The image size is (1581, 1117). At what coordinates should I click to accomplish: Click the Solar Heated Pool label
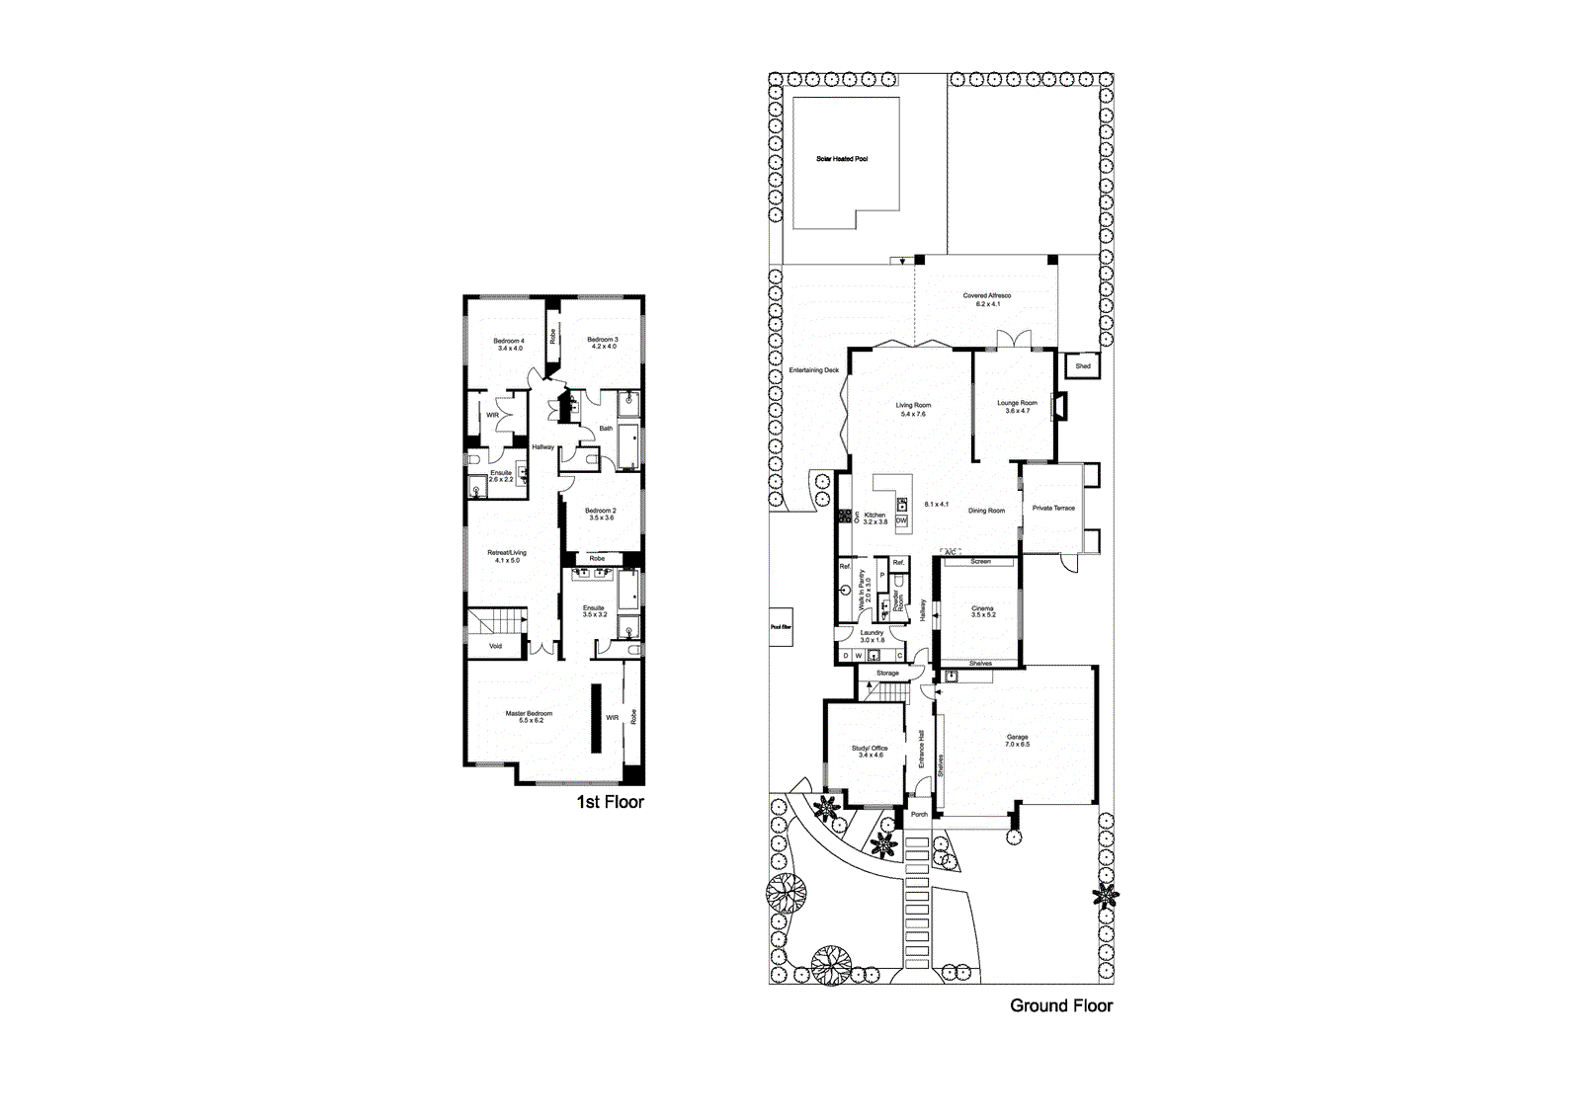842,159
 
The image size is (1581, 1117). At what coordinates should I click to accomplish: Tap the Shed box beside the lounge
1083,366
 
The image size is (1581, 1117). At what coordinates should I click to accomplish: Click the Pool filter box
781,626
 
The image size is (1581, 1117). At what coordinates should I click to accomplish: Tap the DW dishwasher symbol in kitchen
901,520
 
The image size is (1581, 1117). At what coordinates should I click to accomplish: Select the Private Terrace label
1053,509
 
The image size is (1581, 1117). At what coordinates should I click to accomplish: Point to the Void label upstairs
495,646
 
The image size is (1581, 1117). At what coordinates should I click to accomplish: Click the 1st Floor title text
610,802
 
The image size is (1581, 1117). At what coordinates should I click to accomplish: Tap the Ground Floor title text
1060,1005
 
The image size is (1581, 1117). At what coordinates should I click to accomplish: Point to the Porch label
919,815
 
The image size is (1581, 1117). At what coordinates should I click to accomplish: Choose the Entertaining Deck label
813,370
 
